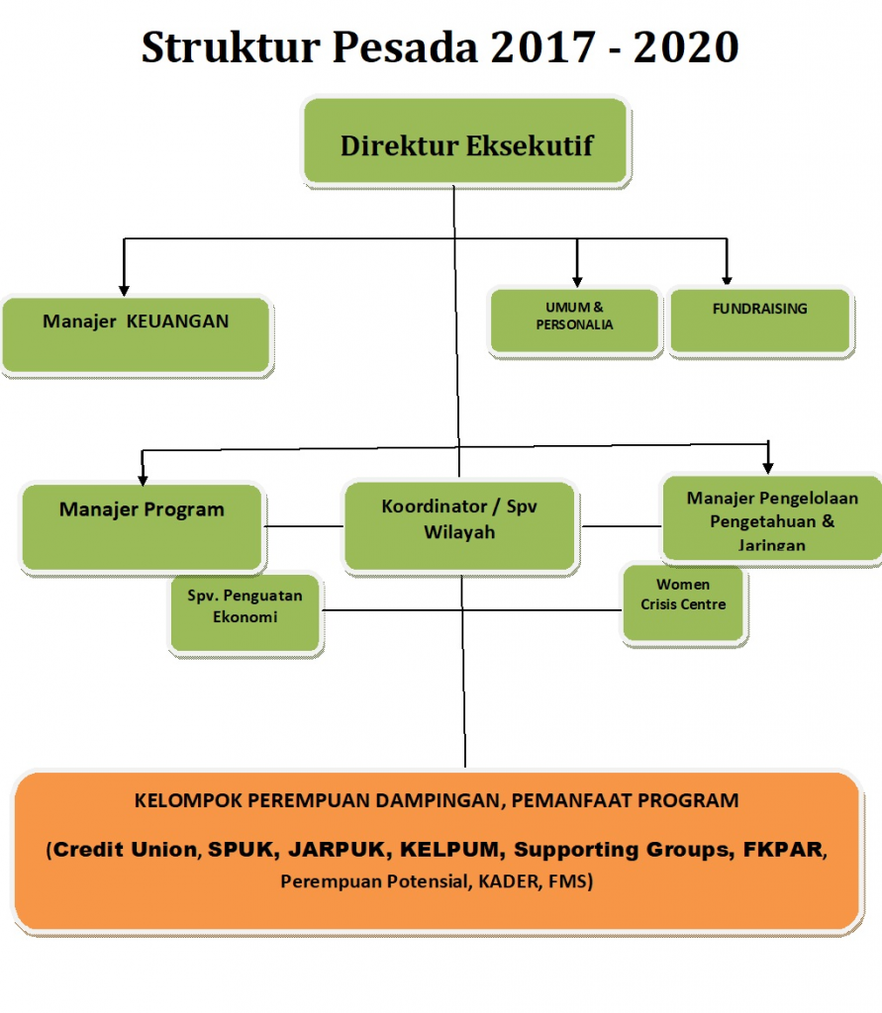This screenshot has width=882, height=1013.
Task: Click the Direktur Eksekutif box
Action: (x=465, y=141)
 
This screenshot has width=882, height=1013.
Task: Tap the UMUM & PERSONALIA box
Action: (x=575, y=322)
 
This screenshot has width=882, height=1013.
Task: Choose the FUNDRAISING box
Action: (x=760, y=321)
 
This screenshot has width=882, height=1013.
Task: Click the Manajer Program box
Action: (x=143, y=527)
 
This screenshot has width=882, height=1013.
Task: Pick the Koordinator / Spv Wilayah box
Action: (x=459, y=526)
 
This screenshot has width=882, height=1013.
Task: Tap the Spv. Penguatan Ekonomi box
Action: (x=245, y=613)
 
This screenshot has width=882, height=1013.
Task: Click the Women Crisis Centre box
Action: (x=683, y=603)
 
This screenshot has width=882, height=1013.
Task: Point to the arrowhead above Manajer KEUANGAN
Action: (x=124, y=292)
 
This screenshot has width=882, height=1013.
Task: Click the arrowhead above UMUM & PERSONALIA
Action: (x=577, y=282)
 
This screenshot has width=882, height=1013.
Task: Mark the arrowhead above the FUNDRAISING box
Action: (x=727, y=280)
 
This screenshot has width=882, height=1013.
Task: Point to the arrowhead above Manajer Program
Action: (x=143, y=480)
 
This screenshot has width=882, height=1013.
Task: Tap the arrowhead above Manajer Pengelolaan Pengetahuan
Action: (x=768, y=468)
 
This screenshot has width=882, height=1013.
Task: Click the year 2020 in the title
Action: (x=686, y=47)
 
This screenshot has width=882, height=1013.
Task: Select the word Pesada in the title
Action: (x=406, y=47)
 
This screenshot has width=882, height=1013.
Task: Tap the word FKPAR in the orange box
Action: (x=783, y=849)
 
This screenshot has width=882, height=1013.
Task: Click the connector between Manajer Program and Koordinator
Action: (x=303, y=526)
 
